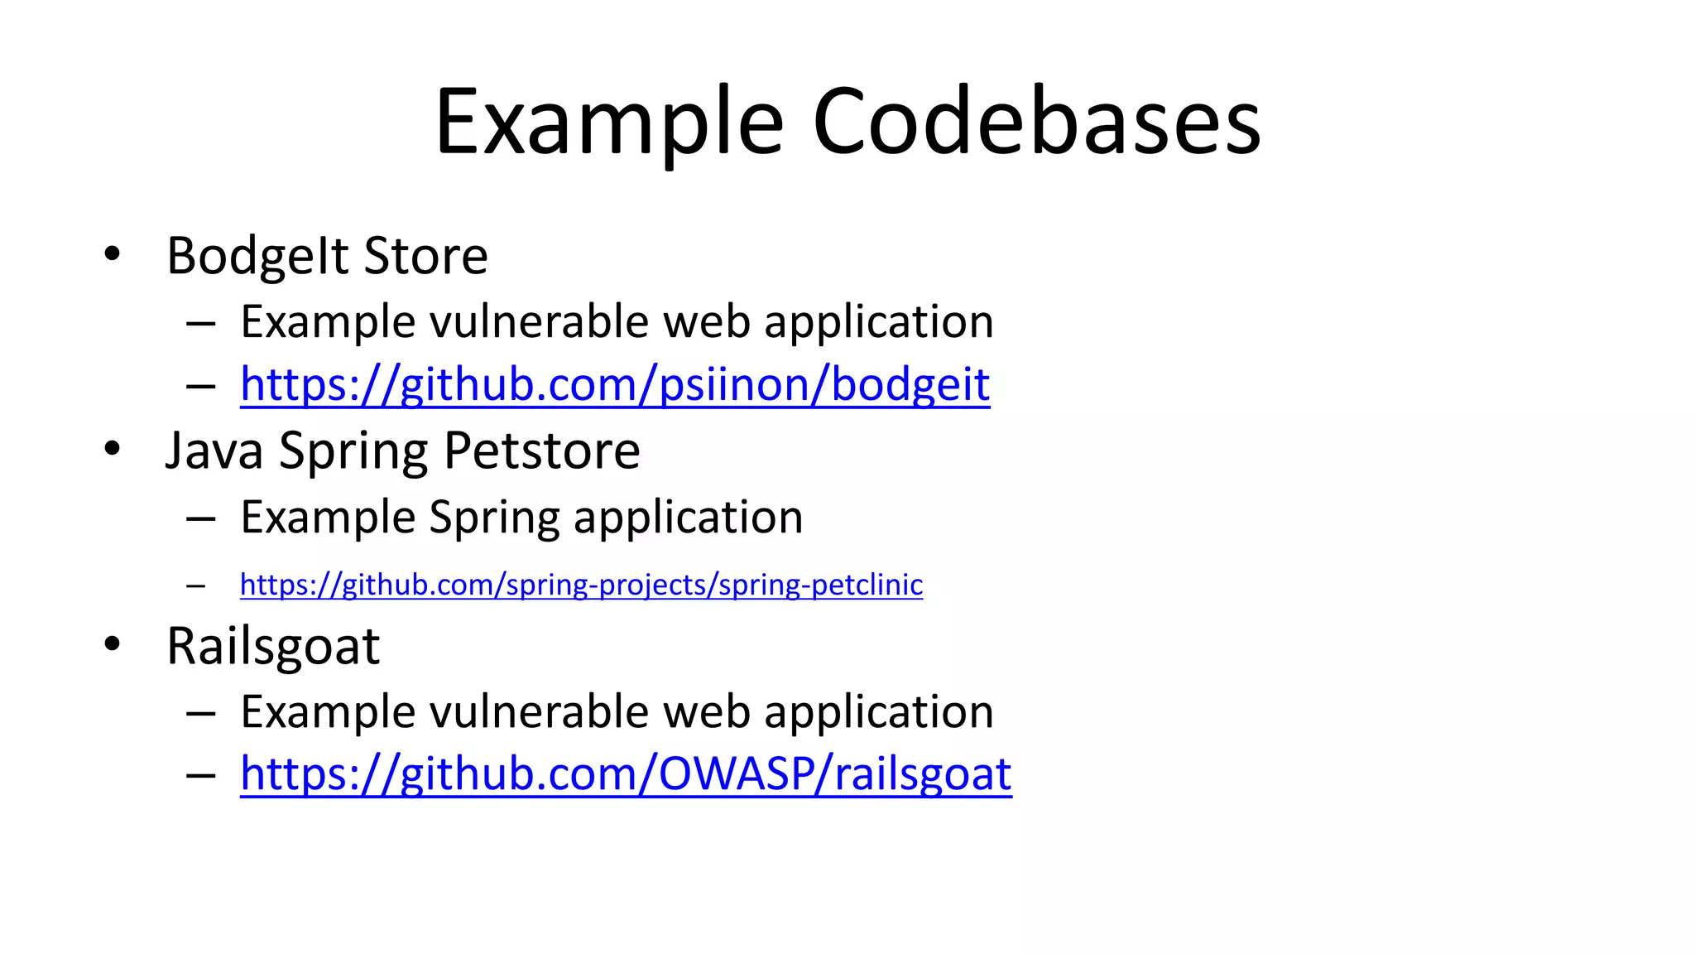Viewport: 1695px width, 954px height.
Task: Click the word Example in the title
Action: point(609,123)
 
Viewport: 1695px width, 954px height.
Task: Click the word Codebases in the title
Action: point(1036,123)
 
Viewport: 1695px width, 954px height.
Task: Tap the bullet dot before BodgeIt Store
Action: point(112,253)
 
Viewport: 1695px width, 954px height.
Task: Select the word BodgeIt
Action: point(257,256)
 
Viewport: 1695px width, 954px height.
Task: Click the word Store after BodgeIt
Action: point(425,256)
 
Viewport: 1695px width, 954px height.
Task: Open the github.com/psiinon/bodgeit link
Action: point(614,385)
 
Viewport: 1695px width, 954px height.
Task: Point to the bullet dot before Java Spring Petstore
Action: point(112,449)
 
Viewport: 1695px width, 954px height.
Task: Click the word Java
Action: point(214,451)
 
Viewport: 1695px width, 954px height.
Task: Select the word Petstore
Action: point(541,451)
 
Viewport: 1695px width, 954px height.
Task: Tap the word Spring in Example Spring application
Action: point(494,518)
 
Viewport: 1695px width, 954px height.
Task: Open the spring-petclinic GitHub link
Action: point(581,585)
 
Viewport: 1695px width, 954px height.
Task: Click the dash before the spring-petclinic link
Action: point(196,585)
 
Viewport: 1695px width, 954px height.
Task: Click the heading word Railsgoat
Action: point(273,647)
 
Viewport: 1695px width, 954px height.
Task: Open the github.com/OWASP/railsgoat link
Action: point(626,774)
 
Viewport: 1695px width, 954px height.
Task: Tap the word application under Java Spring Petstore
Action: point(688,518)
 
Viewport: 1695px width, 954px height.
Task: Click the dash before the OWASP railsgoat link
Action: point(200,775)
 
